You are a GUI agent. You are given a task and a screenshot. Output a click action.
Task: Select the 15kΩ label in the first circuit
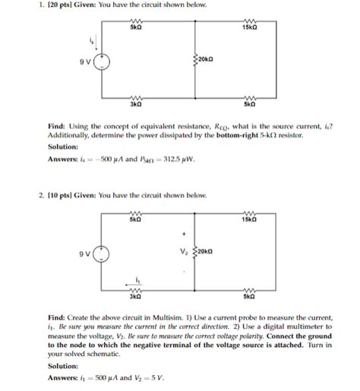click(249, 28)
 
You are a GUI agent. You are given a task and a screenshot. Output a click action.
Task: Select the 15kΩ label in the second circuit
click(249, 219)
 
